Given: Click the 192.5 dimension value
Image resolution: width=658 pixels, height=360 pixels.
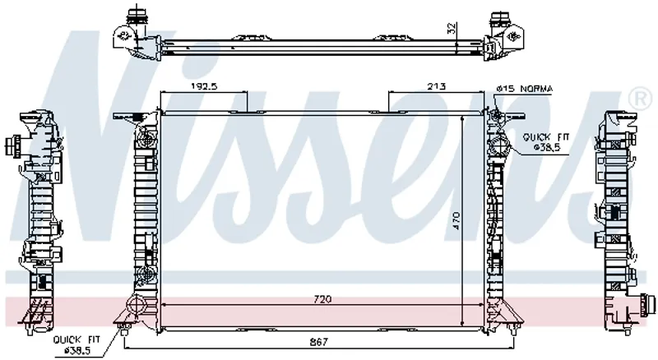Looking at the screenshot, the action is click(204, 87).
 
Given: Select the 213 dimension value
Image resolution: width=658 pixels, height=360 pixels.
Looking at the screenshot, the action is click(437, 87).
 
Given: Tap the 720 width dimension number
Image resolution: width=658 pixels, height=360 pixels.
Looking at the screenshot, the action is click(322, 299).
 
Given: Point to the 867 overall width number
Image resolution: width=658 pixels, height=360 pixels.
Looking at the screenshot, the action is click(319, 342).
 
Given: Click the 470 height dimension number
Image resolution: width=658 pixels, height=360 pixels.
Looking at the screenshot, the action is click(456, 220).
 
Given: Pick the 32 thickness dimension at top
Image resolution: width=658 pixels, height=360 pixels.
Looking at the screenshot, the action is click(452, 28).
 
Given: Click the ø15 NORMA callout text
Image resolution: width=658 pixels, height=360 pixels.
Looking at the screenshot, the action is click(525, 89).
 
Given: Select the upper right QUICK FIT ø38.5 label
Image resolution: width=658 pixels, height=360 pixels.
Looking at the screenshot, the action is click(545, 142).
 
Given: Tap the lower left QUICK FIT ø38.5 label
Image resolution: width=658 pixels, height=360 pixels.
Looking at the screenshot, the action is click(76, 344).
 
